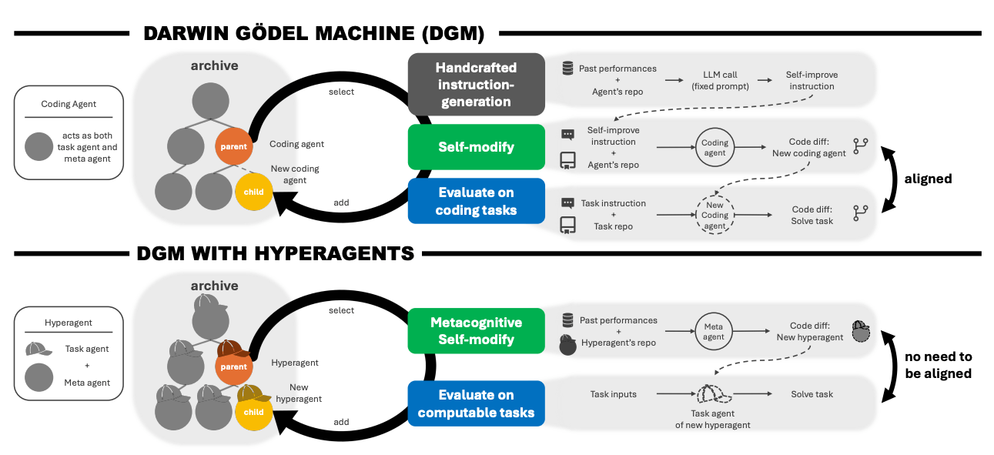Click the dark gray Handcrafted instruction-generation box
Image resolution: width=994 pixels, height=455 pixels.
click(476, 85)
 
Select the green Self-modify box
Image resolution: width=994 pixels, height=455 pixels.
click(476, 146)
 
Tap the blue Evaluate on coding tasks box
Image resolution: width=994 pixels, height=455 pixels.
click(476, 201)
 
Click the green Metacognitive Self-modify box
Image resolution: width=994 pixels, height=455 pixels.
click(476, 330)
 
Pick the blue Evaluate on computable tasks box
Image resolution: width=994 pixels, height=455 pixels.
click(476, 403)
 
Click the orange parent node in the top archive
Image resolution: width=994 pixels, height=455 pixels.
click(233, 146)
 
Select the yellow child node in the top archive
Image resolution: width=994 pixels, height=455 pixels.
click(253, 192)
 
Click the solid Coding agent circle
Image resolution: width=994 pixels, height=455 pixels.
click(715, 148)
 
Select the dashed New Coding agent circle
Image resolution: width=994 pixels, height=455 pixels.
click(715, 215)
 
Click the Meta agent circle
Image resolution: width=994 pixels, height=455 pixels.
click(713, 332)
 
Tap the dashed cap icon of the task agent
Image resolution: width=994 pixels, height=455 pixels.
click(714, 395)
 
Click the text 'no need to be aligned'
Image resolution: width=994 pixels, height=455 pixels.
click(939, 365)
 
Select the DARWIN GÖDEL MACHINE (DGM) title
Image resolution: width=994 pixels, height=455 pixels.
click(313, 33)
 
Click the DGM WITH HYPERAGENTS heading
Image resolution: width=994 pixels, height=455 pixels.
click(275, 253)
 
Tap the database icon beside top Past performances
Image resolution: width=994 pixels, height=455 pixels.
click(567, 69)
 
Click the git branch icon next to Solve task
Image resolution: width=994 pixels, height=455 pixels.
click(861, 213)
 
